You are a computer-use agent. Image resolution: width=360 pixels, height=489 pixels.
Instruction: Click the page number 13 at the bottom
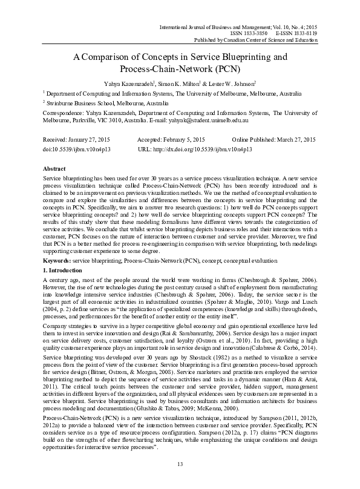click(x=180, y=464)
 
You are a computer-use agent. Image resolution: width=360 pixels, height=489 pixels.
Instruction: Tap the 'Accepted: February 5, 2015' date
click(x=174, y=140)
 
